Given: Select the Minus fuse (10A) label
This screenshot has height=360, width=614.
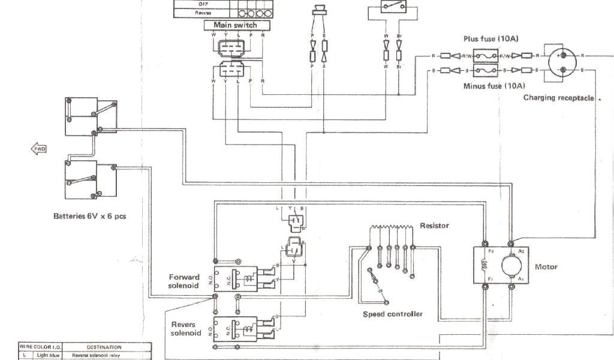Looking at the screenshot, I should click(x=494, y=86).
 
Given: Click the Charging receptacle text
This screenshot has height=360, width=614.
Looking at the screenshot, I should click(x=558, y=97).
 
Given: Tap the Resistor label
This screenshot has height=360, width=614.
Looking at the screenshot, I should click(x=435, y=226).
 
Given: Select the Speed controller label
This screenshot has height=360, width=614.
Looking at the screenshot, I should click(x=393, y=314).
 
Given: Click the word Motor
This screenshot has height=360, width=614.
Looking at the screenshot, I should click(x=546, y=267).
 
